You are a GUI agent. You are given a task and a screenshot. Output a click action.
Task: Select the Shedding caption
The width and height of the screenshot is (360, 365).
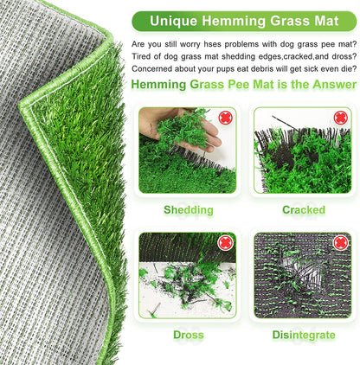pos(188,209)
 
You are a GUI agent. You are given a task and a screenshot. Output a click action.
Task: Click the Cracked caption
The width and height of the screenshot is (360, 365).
pos(303,209)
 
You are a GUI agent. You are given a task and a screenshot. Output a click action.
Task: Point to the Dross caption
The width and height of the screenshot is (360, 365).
pos(188,332)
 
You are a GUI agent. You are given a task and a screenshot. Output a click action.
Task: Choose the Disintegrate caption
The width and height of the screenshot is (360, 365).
pos(303,332)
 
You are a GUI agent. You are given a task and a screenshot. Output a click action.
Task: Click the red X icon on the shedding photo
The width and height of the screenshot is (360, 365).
pos(226,118)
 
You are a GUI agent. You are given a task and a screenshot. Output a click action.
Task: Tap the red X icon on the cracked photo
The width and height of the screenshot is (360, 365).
pos(341,118)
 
